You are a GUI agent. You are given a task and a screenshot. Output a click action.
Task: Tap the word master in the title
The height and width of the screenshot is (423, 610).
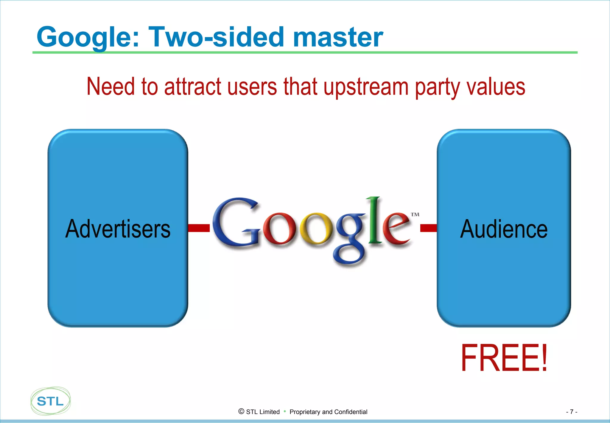pos(338,37)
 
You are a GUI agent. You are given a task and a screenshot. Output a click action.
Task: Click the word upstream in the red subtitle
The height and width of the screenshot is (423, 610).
pos(366,87)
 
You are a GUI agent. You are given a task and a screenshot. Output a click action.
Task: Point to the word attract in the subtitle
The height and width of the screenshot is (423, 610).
pos(192,87)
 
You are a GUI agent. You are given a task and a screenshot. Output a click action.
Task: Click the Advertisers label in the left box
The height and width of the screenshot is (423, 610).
pos(118,229)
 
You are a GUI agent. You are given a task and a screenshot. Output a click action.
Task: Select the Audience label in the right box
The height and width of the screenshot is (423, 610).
pos(504,229)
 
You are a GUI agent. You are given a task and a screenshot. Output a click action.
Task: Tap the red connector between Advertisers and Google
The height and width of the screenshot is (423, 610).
pos(199,228)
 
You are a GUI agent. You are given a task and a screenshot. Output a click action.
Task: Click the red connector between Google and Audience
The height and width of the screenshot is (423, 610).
pos(428,228)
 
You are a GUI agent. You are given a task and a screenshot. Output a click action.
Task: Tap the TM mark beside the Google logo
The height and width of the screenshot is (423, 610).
pos(415,214)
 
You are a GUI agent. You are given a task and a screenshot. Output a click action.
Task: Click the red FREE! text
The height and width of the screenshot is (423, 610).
pos(504,358)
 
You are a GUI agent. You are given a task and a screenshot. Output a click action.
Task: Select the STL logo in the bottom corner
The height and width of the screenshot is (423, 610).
pos(50,401)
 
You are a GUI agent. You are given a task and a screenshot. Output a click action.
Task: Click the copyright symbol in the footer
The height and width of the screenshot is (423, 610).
pos(241,411)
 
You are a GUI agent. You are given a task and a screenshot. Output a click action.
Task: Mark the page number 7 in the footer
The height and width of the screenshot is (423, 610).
pos(571,412)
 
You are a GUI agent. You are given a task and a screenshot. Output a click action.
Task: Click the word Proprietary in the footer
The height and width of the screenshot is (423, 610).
pos(305,412)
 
